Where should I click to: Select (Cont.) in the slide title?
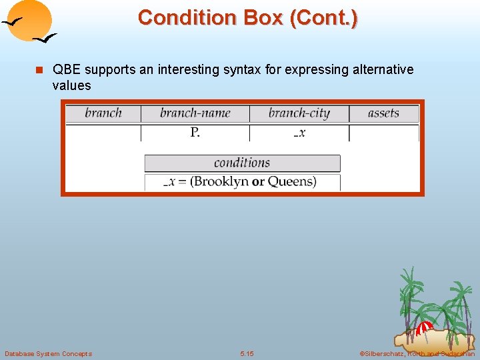click(323, 17)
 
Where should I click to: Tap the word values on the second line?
click(71, 85)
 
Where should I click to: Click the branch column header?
click(103, 113)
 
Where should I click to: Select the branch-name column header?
click(195, 113)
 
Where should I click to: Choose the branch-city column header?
click(299, 113)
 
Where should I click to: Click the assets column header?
click(383, 113)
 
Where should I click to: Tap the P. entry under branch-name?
click(195, 133)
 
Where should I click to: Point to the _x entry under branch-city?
click(299, 133)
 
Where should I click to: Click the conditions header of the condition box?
click(242, 163)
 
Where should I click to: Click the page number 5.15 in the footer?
click(247, 353)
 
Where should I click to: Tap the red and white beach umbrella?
click(423, 328)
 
